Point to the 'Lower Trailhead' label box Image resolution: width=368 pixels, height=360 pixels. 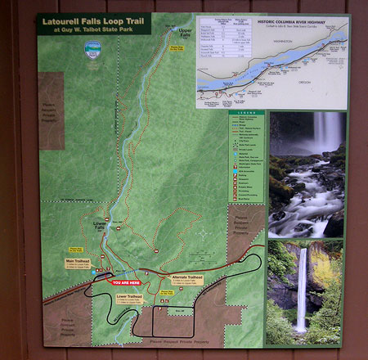pos(129,300)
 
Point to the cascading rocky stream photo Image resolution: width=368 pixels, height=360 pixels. pos(306,176)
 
